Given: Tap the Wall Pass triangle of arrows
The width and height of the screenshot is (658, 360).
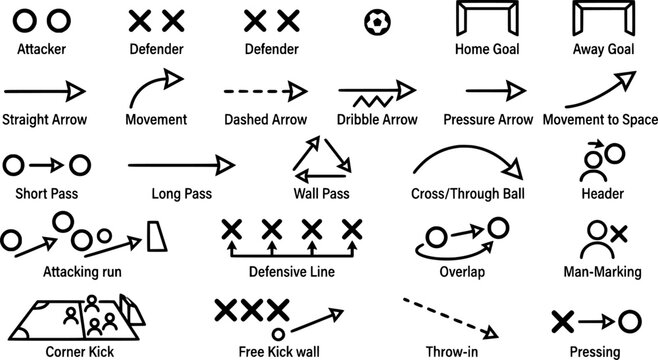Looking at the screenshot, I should (320, 159).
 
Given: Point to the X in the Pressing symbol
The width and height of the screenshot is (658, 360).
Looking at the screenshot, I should (563, 320).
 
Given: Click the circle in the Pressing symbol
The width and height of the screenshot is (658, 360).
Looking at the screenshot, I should (628, 320).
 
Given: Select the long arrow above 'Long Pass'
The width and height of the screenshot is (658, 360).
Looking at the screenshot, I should (180, 161).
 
